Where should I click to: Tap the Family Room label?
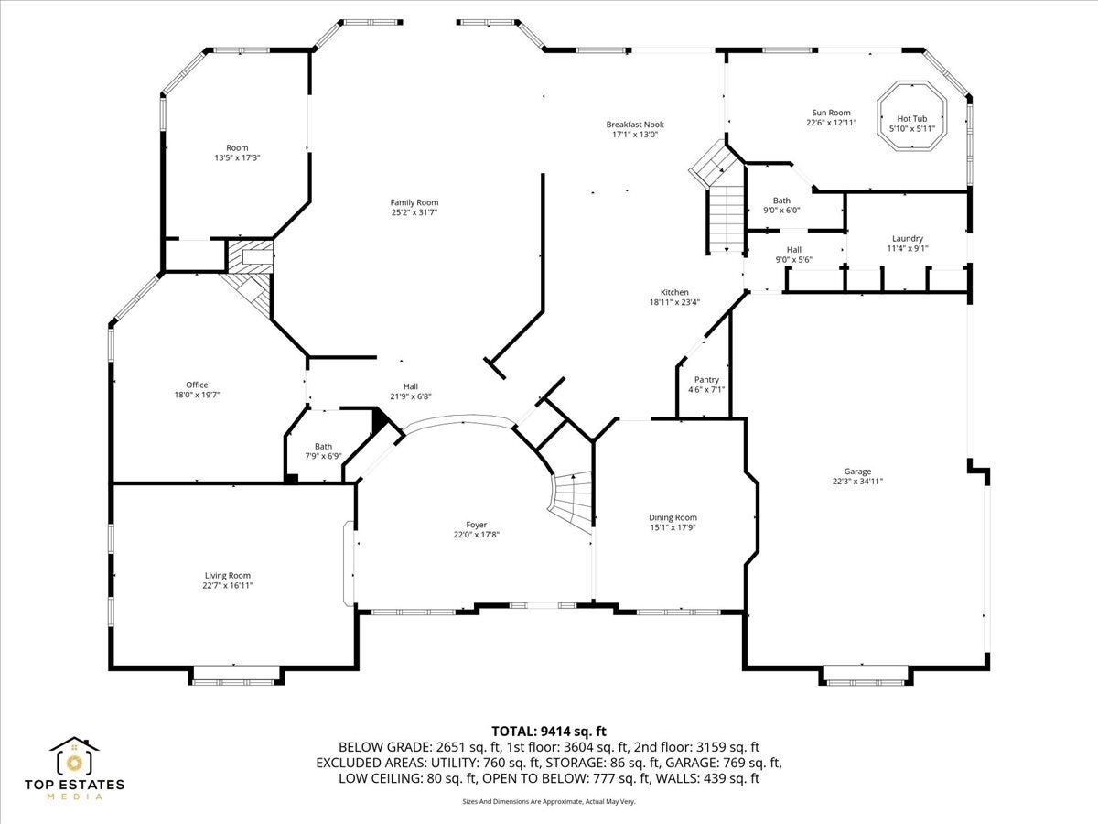tap(414, 202)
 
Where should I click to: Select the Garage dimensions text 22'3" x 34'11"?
tap(857, 482)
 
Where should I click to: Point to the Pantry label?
tap(706, 380)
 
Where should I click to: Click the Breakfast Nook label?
tap(635, 125)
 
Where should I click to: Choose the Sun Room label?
tap(831, 113)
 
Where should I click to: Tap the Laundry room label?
tap(908, 239)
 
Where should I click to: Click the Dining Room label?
tap(673, 517)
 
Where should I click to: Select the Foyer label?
tap(476, 525)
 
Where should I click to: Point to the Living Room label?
tap(228, 575)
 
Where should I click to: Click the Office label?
tap(197, 385)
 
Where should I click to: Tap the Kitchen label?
tap(674, 292)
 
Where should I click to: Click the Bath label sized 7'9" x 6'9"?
tap(323, 446)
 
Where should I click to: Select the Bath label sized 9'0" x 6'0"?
tap(781, 201)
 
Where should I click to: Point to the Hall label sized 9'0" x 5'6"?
tap(794, 250)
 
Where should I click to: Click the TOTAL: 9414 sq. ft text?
tap(549, 732)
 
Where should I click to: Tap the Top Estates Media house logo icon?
tap(74, 756)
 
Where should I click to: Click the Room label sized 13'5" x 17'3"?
tap(237, 147)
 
